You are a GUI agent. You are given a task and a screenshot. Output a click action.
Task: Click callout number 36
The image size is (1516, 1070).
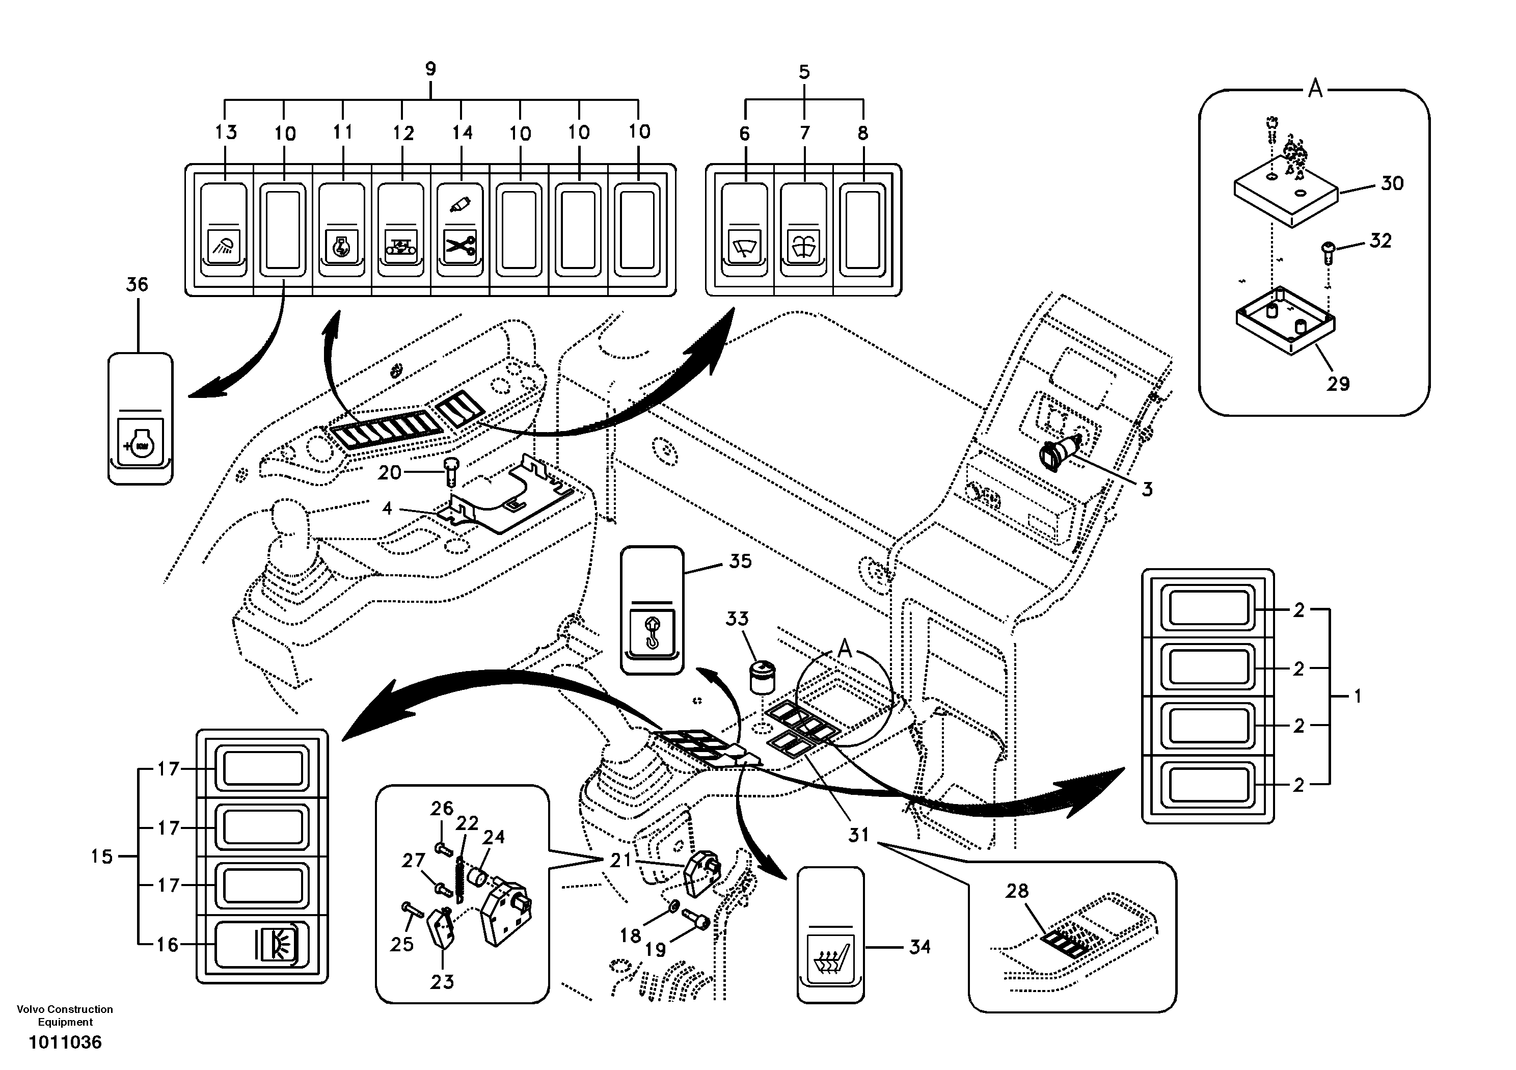coord(138,285)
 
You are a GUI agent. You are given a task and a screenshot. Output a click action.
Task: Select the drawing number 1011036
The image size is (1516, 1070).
coord(65,1042)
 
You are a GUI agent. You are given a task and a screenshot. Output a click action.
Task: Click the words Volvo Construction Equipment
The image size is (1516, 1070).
coord(65,1015)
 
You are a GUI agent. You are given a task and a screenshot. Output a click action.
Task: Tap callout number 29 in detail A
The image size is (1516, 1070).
coord(1338,383)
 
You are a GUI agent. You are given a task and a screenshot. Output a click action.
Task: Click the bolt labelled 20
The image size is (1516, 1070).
coord(452,471)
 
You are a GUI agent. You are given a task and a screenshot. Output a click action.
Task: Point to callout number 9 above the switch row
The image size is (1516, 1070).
coord(430,69)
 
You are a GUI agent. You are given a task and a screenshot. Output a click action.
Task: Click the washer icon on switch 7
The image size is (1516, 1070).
coord(803,247)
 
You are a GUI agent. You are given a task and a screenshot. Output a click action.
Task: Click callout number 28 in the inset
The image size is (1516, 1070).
coord(1017,891)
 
